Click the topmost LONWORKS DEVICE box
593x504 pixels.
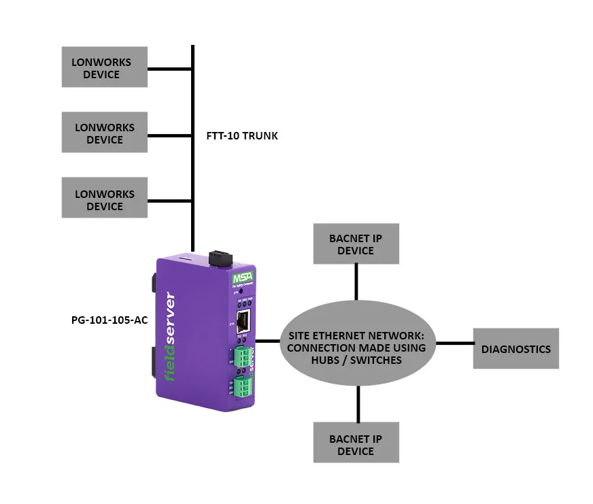[104, 67]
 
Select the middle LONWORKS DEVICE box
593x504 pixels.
[104, 133]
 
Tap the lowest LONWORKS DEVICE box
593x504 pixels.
[104, 199]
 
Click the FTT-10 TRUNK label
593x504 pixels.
[242, 136]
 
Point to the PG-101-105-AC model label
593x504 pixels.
[109, 320]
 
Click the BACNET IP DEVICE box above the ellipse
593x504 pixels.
[356, 244]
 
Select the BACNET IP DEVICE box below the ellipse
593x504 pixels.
[356, 444]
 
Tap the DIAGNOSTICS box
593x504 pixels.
[515, 349]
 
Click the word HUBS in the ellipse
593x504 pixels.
[329, 360]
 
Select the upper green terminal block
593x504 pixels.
[243, 356]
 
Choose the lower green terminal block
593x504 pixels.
[243, 388]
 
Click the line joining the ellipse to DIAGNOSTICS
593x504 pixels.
[454, 343]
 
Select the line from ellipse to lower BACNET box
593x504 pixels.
[356, 404]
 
